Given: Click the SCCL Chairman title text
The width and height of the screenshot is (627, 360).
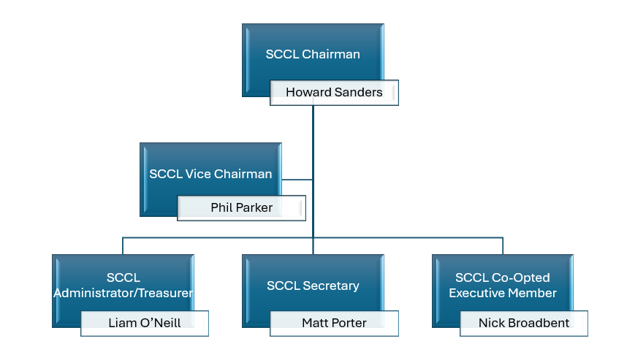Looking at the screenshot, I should (313, 54).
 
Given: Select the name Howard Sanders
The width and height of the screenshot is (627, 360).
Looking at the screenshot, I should (334, 93).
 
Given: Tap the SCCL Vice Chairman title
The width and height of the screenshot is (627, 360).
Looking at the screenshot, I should (210, 174).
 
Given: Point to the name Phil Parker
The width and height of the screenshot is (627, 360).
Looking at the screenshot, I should (241, 208).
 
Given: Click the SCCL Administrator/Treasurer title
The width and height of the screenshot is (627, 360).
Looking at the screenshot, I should (123, 286).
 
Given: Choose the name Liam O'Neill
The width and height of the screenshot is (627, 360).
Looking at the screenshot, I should (144, 323).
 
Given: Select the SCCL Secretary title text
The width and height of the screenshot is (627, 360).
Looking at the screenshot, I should (313, 286).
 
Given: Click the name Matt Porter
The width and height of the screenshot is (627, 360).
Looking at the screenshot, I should (334, 323).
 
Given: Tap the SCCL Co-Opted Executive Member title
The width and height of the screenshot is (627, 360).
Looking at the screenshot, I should (503, 286).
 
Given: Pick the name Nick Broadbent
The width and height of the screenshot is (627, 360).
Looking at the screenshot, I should (523, 323).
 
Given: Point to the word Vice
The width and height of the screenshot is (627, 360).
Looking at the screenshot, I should (197, 174).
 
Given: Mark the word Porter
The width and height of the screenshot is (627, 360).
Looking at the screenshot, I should (349, 323).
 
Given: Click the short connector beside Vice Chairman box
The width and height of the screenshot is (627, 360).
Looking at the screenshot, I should (297, 180).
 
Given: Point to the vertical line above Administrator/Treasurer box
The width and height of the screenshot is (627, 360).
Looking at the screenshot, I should (123, 245).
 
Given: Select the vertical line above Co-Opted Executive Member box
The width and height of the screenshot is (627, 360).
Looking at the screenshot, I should (503, 245).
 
